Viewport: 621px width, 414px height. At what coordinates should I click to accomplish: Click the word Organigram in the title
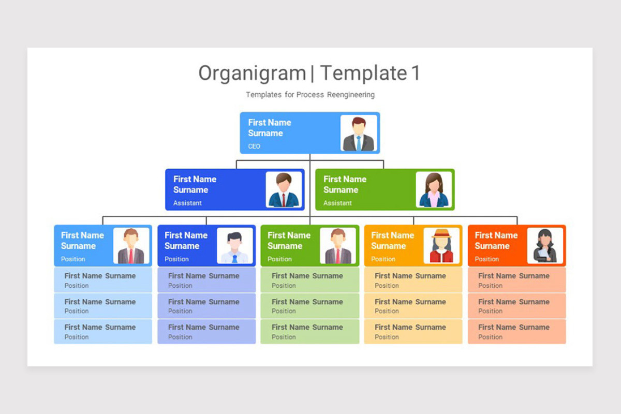pyautogui.click(x=252, y=73)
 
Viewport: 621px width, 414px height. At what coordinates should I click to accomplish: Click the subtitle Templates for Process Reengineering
pyautogui.click(x=310, y=95)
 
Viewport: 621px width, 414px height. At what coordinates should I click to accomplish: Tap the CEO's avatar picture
pyautogui.click(x=359, y=134)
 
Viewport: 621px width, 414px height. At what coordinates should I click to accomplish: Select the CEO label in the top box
pyautogui.click(x=254, y=146)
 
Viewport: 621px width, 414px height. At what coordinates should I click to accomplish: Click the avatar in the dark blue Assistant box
pyautogui.click(x=284, y=190)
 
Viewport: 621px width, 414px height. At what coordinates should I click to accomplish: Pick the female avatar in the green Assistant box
pyautogui.click(x=434, y=190)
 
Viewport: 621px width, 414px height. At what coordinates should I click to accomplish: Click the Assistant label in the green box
pyautogui.click(x=337, y=203)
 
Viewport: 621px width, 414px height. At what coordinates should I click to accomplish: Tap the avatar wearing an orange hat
pyautogui.click(x=441, y=246)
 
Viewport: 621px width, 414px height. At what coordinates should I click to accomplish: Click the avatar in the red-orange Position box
pyautogui.click(x=545, y=246)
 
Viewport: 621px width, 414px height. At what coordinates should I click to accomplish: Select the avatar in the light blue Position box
pyautogui.click(x=131, y=246)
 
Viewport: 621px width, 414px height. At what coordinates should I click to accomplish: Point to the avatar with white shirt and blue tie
pyautogui.click(x=234, y=246)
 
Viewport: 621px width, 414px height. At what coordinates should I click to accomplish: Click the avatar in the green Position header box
pyautogui.click(x=337, y=246)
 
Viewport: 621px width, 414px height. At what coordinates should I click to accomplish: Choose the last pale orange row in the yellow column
pyautogui.click(x=413, y=332)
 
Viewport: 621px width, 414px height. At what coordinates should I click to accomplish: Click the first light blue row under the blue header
pyautogui.click(x=103, y=280)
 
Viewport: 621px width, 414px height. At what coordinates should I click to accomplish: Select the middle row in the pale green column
pyautogui.click(x=309, y=306)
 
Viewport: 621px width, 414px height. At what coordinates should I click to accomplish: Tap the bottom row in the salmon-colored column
pyautogui.click(x=516, y=332)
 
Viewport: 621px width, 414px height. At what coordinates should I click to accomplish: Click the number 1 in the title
pyautogui.click(x=416, y=73)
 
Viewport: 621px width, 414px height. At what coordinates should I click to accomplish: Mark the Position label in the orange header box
pyautogui.click(x=383, y=259)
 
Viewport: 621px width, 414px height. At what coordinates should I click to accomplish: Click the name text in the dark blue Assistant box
pyautogui.click(x=195, y=184)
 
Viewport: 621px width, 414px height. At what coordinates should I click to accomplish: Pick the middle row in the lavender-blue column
pyautogui.click(x=206, y=306)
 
